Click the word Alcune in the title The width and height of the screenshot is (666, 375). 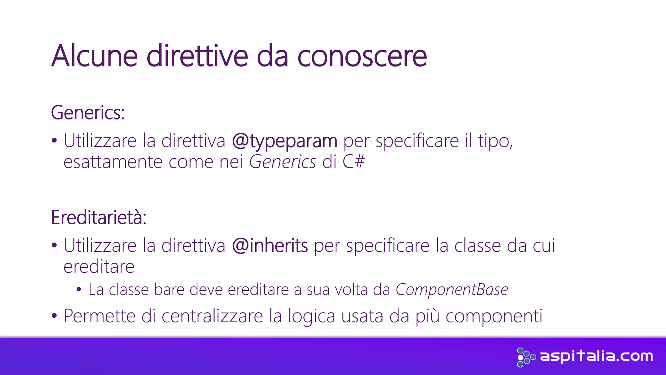pos(94,56)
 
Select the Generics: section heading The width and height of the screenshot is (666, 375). pos(88,113)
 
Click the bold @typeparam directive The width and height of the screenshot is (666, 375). pos(285,141)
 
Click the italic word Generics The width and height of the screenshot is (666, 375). pos(282,162)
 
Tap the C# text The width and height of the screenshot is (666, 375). pos(354,162)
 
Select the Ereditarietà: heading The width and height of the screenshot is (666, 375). pos(99,217)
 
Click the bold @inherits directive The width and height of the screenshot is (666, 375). pos(270,246)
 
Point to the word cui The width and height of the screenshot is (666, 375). pos(543,246)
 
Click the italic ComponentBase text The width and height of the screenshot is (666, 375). pos(452,289)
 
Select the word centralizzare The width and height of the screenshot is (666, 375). pos(212,316)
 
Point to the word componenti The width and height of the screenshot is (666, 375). pos(494,316)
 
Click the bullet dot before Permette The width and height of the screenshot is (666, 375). pos(54,316)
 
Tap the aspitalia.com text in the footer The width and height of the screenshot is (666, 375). pos(596,356)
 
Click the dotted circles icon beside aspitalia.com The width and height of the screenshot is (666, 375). pos(525,357)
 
